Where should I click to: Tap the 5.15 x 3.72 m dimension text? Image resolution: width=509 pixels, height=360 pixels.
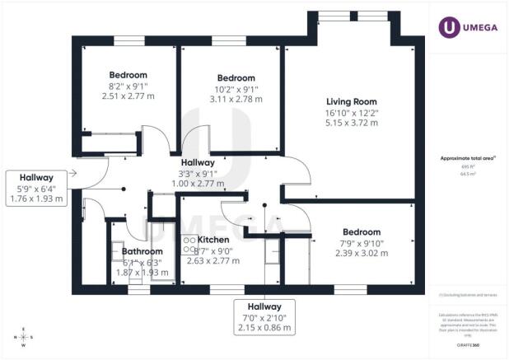pyautogui.click(x=351, y=123)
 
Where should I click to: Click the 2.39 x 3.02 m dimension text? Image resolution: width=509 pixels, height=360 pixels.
pyautogui.click(x=361, y=254)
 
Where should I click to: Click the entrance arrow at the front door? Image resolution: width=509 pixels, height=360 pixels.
pyautogui.click(x=73, y=172)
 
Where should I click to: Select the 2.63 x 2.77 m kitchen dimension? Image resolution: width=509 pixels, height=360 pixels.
pyautogui.click(x=213, y=260)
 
